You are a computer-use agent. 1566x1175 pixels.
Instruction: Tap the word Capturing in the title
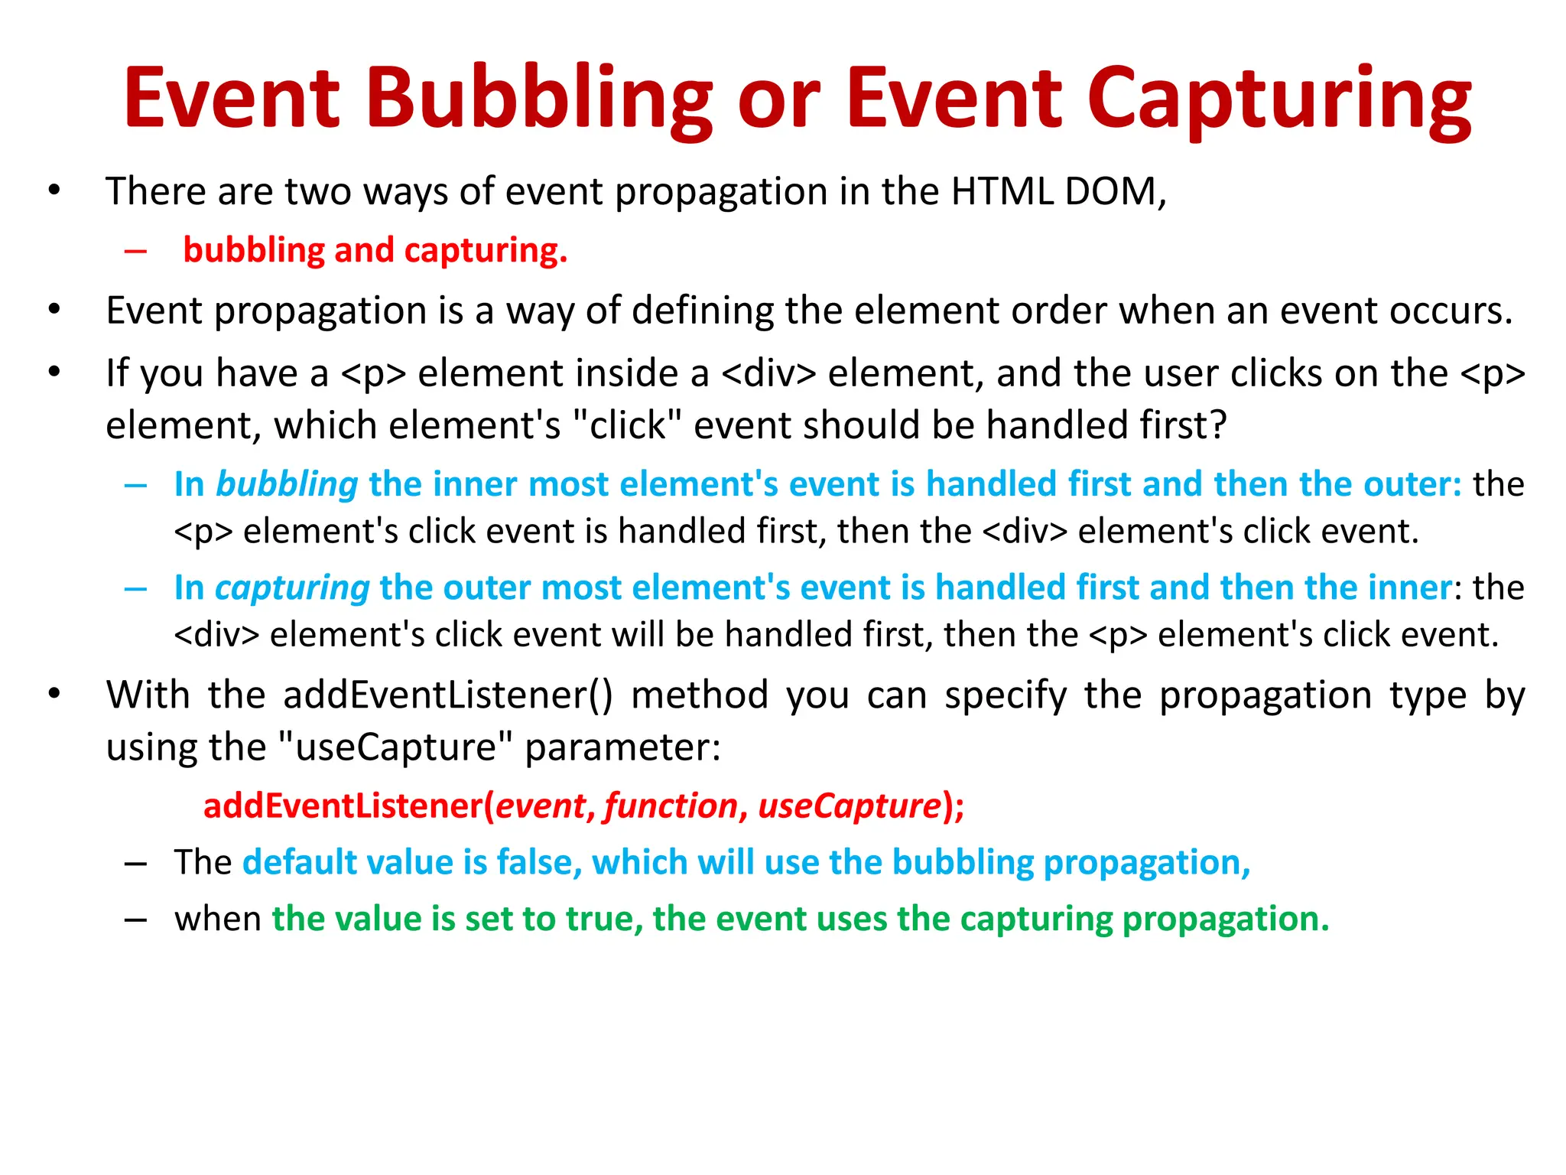pyautogui.click(x=1279, y=99)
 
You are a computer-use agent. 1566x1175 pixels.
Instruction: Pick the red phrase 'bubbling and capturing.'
pyautogui.click(x=375, y=251)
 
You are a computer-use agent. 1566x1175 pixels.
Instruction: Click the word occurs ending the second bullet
pyautogui.click(x=1450, y=311)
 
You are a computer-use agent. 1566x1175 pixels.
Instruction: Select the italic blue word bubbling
pyautogui.click(x=287, y=485)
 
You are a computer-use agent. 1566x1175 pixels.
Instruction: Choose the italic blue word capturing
pyautogui.click(x=292, y=588)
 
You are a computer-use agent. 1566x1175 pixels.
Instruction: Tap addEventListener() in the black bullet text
pyautogui.click(x=447, y=695)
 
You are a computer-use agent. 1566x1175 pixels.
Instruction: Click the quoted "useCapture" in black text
pyautogui.click(x=395, y=747)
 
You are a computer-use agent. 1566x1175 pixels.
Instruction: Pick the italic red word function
pyautogui.click(x=671, y=806)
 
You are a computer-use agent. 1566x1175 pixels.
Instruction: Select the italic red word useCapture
pyautogui.click(x=849, y=806)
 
